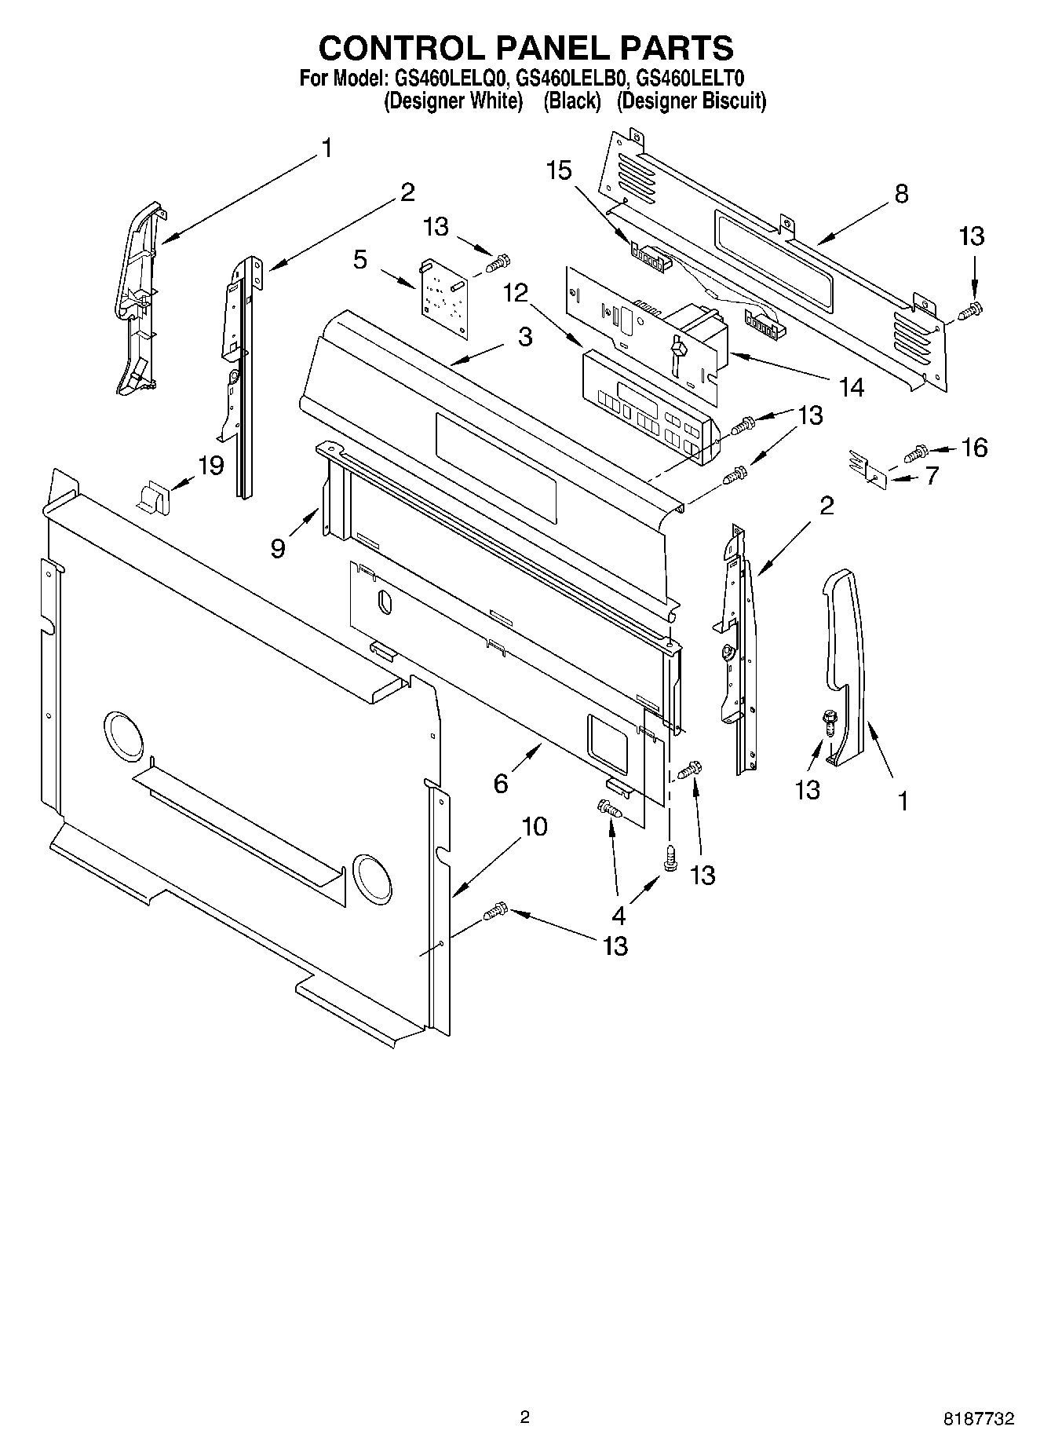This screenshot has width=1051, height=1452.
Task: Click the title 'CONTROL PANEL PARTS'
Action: [525, 48]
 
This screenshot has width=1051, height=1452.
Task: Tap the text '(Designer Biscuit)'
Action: [691, 101]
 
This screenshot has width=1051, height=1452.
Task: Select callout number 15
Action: [559, 170]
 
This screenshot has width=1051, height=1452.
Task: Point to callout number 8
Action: [901, 193]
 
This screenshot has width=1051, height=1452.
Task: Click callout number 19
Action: [210, 465]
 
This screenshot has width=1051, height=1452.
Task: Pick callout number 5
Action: [360, 259]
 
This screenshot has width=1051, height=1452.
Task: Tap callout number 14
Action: [850, 386]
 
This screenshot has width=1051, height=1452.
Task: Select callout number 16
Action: [974, 448]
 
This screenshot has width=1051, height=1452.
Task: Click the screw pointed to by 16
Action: [917, 452]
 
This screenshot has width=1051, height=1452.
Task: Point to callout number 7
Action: [932, 475]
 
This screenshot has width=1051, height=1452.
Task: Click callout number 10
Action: [535, 826]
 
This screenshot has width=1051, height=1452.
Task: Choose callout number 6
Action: [501, 783]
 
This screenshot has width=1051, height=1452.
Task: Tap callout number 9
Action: [278, 547]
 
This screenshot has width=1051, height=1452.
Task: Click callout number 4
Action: [619, 915]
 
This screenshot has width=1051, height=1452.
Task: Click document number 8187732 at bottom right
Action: [978, 1419]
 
